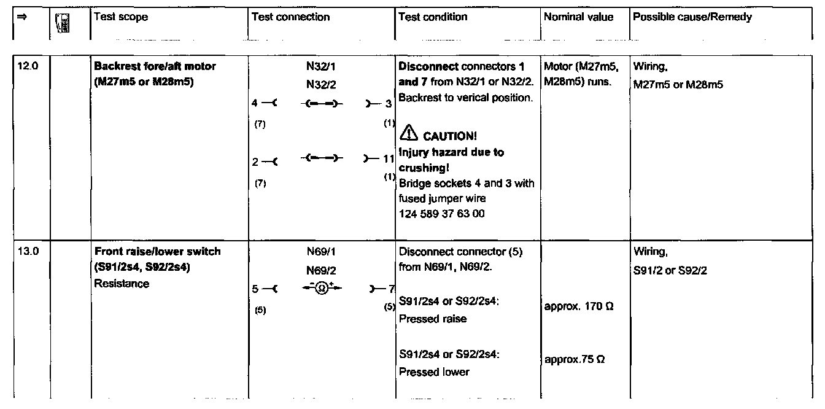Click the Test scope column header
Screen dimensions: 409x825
pyautogui.click(x=121, y=17)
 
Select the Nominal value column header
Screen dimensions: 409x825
pyautogui.click(x=578, y=17)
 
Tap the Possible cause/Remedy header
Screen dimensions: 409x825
pyautogui.click(x=692, y=17)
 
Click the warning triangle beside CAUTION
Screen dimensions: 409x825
pyautogui.click(x=408, y=135)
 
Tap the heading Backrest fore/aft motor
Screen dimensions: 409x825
pyautogui.click(x=155, y=66)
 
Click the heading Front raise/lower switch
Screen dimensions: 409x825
pyautogui.click(x=157, y=252)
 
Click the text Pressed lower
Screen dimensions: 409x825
pyautogui.click(x=434, y=372)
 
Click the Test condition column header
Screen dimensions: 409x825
pyautogui.click(x=433, y=17)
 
